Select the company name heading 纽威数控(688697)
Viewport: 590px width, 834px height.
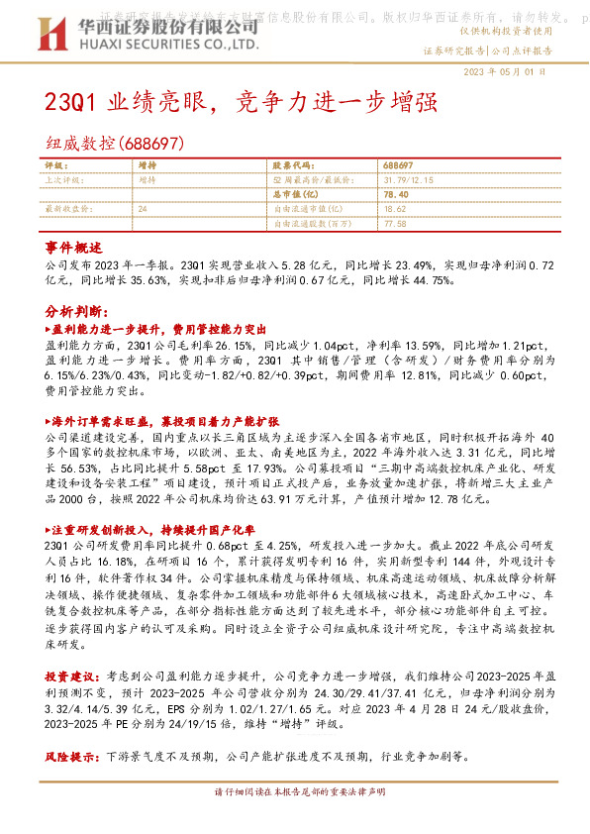point(114,144)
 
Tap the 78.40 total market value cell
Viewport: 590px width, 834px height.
point(395,194)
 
